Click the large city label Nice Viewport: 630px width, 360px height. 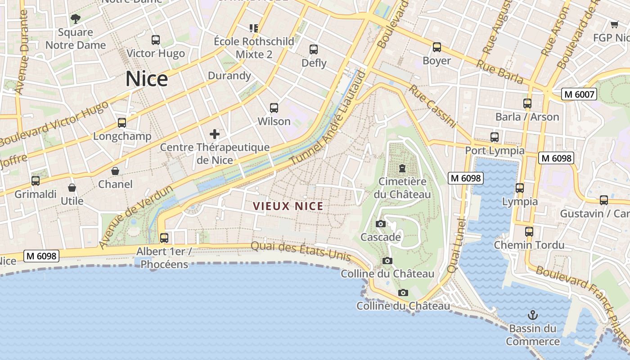click(147, 79)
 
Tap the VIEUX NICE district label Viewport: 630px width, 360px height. click(288, 207)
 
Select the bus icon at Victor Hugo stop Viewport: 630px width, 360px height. click(156, 40)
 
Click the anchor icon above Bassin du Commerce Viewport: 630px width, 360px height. click(533, 315)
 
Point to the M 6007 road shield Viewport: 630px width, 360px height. click(579, 94)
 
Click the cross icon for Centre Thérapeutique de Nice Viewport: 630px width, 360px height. click(215, 134)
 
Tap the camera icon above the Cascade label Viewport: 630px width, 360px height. click(380, 224)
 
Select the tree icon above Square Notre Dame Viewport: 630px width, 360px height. click(76, 18)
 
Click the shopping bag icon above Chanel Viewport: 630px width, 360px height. click(115, 171)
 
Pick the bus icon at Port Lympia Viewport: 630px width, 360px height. click(495, 137)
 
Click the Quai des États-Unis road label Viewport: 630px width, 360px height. click(301, 250)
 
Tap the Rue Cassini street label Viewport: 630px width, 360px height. click(432, 106)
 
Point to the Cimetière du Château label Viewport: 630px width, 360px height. click(402, 188)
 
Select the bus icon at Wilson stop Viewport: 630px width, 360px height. click(274, 108)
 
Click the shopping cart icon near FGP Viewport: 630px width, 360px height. click(615, 24)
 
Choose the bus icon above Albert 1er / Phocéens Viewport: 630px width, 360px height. click(164, 238)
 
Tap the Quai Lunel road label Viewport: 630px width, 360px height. click(456, 245)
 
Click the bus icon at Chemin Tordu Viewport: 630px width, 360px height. click(529, 232)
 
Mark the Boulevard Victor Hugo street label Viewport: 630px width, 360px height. click(54, 123)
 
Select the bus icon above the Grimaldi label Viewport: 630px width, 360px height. click(36, 181)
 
